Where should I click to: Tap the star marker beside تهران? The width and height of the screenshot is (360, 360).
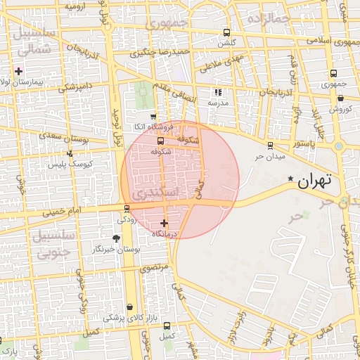291,179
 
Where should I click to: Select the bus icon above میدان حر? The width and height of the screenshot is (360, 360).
270,146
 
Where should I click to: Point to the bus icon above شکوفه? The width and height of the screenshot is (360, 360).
160,141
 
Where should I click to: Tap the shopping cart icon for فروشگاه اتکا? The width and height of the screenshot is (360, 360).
153,117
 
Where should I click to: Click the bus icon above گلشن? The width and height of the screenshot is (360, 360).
226,32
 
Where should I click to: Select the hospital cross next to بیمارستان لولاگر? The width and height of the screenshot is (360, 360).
18,71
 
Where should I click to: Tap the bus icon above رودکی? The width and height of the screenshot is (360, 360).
127,208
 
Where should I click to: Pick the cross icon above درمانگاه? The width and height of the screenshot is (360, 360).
165,223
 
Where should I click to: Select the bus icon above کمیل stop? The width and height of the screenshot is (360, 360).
167,326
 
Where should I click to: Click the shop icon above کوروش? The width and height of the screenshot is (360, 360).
340,98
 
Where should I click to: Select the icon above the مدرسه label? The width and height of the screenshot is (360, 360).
218,91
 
